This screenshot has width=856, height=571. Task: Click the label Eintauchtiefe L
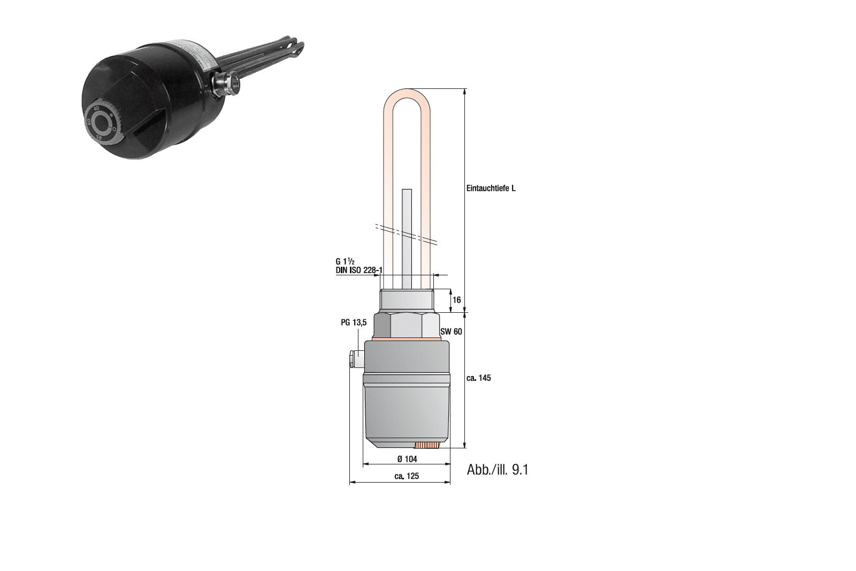click(491, 189)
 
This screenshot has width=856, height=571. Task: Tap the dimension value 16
click(457, 300)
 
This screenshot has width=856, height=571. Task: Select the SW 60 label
click(451, 332)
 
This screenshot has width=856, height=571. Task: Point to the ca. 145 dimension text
click(478, 378)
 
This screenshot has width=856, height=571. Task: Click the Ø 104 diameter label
click(407, 459)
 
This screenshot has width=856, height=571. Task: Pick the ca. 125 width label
click(407, 476)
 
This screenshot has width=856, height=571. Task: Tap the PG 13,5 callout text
click(354, 322)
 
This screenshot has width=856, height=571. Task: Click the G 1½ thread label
click(345, 262)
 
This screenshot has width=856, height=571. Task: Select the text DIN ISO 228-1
click(359, 270)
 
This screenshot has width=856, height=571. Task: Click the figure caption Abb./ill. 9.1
click(498, 470)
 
